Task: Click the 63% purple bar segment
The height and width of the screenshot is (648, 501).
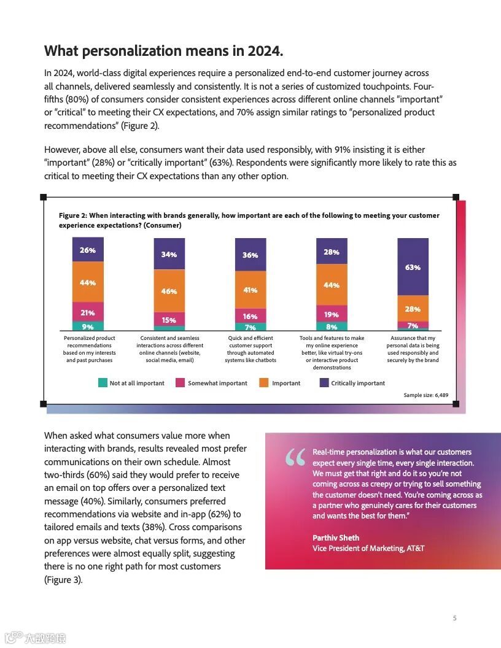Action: [x=413, y=267]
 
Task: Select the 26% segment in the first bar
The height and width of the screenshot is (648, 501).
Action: [x=88, y=250]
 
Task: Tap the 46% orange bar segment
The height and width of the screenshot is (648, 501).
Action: [x=169, y=291]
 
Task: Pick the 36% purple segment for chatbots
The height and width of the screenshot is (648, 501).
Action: [x=251, y=255]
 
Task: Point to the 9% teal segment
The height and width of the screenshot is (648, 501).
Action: [x=88, y=326]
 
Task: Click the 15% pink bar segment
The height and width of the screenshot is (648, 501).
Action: [x=169, y=320]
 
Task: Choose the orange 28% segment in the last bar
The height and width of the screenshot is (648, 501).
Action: [x=413, y=309]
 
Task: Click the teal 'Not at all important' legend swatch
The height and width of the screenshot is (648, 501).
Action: [x=103, y=383]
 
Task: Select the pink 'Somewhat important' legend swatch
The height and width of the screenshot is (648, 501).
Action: [x=181, y=383]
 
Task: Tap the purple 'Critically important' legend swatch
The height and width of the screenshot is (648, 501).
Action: [x=324, y=383]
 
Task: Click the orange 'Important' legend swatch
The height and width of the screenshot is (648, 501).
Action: [x=264, y=383]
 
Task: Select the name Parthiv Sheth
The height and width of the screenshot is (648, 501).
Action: [x=336, y=538]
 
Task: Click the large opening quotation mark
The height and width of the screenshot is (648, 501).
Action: [x=295, y=459]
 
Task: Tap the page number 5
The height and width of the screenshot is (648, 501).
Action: [x=454, y=618]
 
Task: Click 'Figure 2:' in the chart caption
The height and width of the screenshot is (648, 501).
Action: [x=72, y=215]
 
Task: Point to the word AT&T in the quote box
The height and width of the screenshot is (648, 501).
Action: [x=415, y=548]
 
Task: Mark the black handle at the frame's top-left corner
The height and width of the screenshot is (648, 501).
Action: [x=43, y=197]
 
